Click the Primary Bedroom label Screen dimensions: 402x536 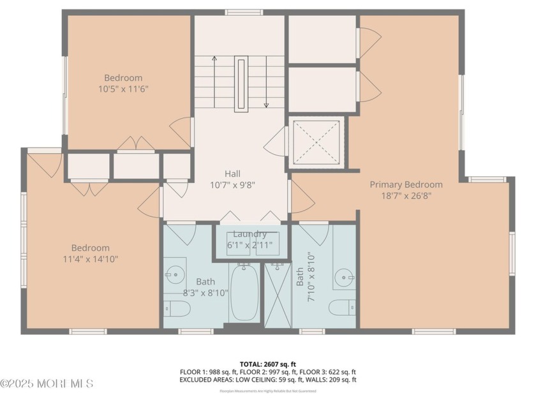click(x=406, y=184)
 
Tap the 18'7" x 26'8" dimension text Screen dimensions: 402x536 click(x=406, y=196)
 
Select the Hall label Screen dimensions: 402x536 click(x=232, y=174)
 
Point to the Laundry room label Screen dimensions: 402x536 click(x=249, y=234)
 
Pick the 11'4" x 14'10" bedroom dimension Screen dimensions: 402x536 click(x=90, y=259)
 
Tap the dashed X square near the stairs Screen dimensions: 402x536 click(x=316, y=142)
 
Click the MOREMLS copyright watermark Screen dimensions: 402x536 click(x=47, y=383)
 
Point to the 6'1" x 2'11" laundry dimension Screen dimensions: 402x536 click(x=249, y=244)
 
